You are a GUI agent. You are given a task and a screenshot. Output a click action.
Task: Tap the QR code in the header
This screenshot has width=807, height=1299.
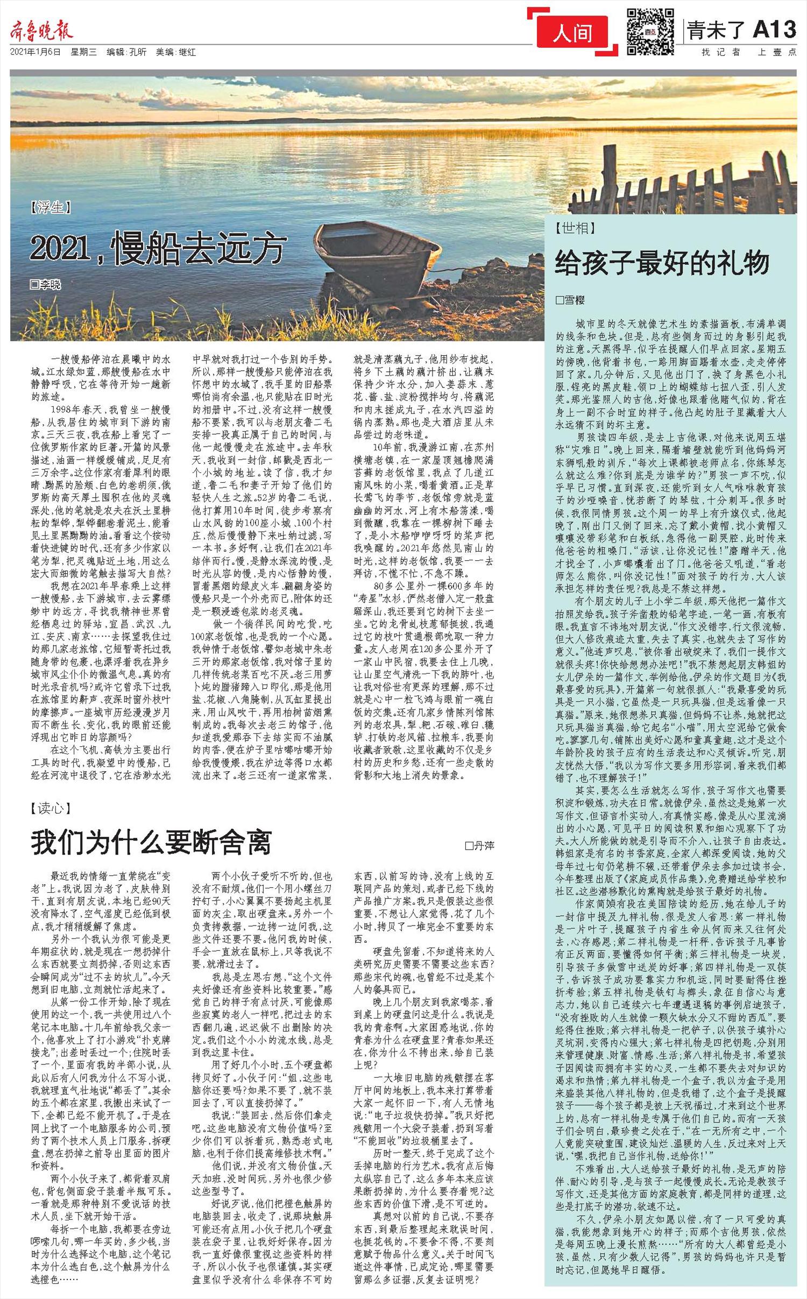tap(650, 32)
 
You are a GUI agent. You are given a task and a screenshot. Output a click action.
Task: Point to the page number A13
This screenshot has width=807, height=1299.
tap(774, 30)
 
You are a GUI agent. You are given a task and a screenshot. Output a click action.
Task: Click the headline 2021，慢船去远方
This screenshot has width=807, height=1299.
tap(156, 249)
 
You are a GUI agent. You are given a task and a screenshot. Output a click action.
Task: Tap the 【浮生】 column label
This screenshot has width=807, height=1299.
tap(51, 207)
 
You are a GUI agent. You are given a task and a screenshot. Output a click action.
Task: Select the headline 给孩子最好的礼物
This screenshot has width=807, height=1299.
tap(662, 263)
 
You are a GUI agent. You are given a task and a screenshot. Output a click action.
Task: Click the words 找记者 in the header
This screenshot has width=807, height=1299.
tap(720, 52)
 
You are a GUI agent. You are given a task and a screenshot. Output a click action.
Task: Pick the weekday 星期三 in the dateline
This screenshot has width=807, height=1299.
tap(83, 53)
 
